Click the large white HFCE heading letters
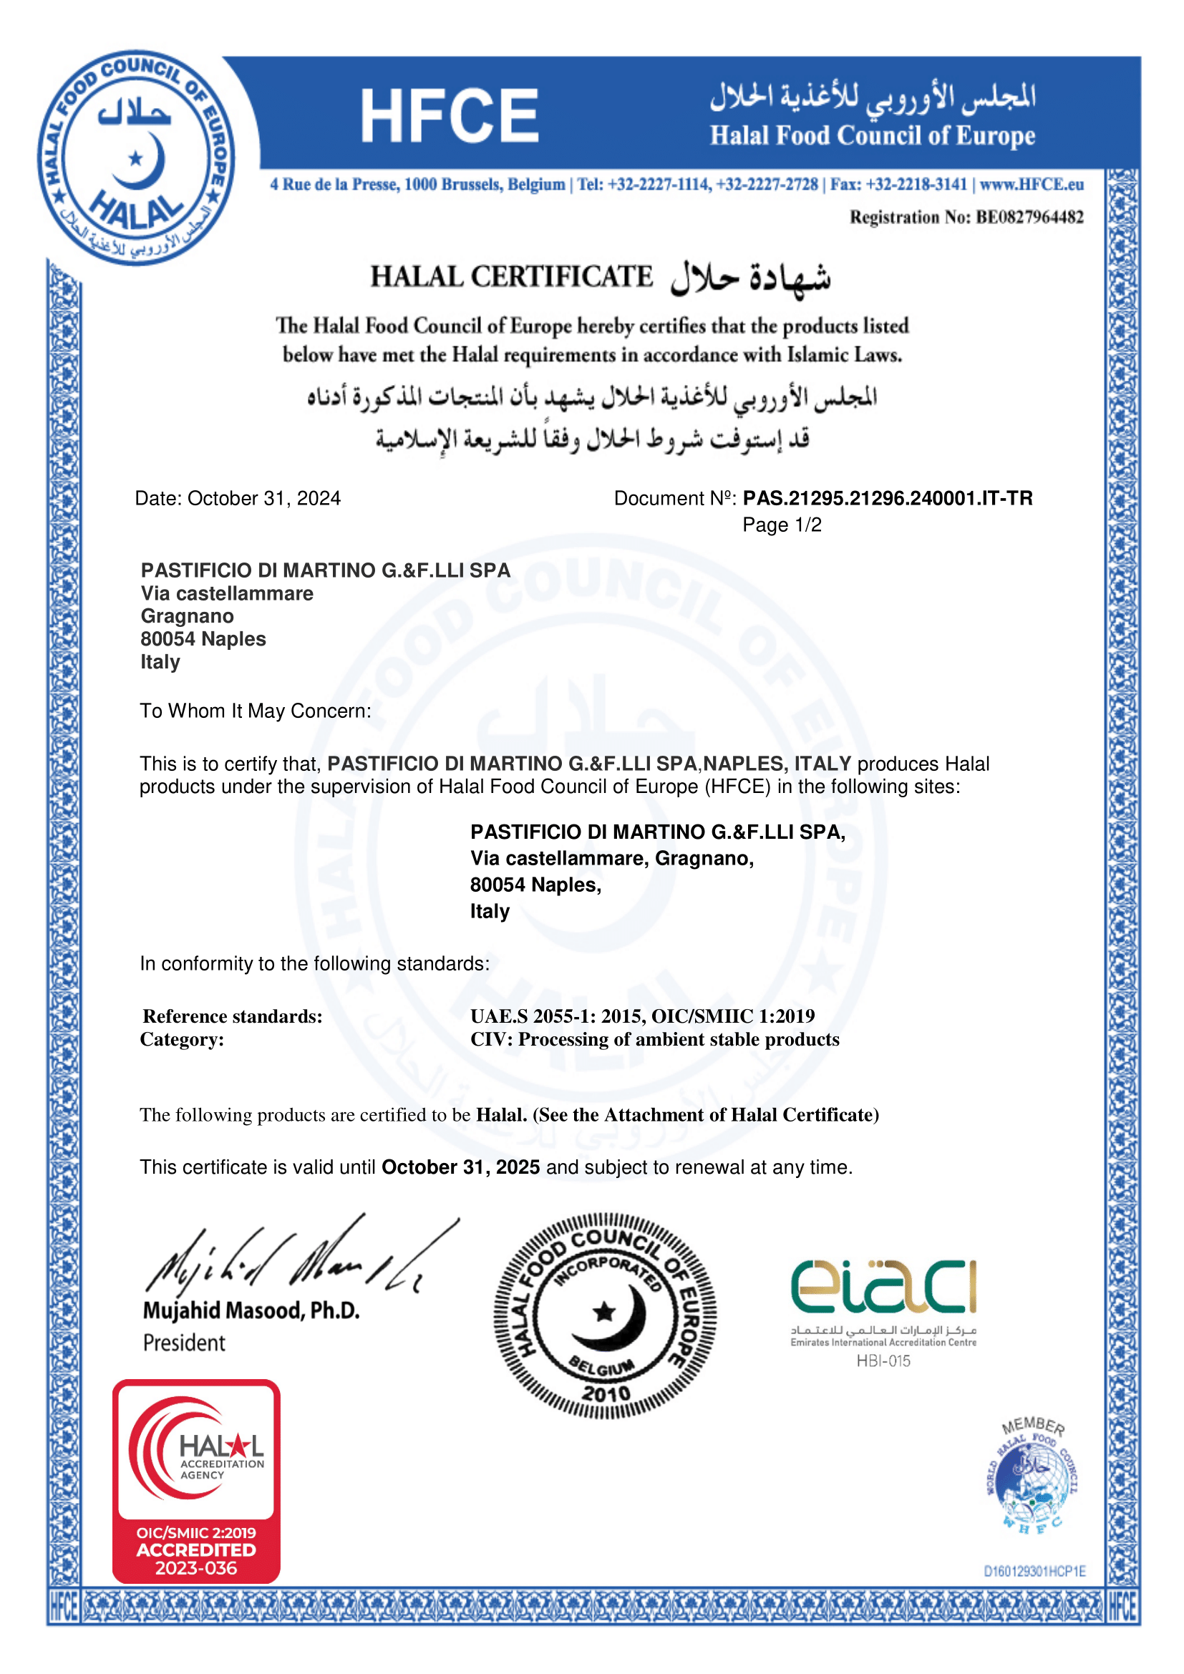tap(449, 115)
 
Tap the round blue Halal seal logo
tap(136, 157)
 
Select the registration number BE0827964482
tap(1029, 218)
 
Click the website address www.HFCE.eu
tap(1031, 185)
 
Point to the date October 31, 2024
tap(264, 498)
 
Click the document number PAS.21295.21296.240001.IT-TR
tap(887, 498)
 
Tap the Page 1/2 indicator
tap(782, 525)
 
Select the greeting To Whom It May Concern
tap(255, 711)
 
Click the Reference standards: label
tap(233, 1016)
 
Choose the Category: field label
tap(183, 1040)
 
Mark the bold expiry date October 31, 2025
tap(461, 1167)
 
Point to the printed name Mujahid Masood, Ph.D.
tap(251, 1310)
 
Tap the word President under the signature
tap(184, 1342)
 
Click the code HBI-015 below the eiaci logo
tap(883, 1361)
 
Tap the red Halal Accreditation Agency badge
tap(196, 1481)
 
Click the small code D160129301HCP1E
tap(1034, 1571)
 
